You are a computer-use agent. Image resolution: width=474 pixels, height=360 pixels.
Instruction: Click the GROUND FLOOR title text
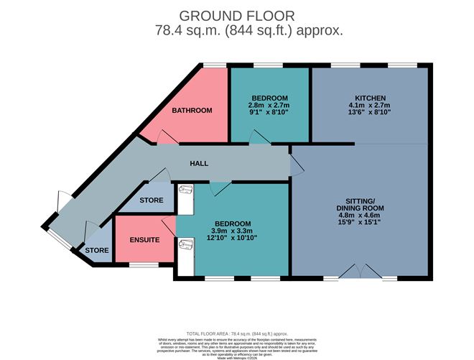click(237, 16)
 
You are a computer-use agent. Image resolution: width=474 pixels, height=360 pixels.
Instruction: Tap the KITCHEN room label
click(371, 98)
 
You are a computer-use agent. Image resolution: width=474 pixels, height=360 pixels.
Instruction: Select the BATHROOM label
click(191, 111)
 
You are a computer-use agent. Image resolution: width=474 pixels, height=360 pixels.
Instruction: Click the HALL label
click(199, 164)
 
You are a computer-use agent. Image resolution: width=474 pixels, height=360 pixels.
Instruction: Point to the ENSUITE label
click(144, 239)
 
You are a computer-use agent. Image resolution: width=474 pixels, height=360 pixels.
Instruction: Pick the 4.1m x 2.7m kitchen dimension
click(371, 106)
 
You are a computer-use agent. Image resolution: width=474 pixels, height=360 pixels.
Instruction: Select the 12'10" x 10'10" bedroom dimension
click(232, 238)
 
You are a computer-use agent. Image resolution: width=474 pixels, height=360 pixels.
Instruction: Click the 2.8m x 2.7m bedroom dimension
click(269, 106)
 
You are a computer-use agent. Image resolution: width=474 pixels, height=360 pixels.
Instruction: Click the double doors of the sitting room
click(360, 272)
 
